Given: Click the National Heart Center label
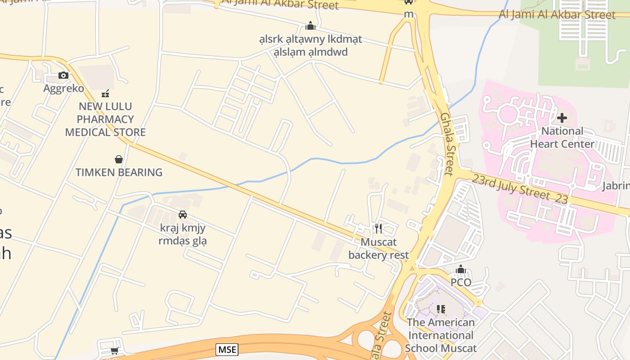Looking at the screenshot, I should point(562,138).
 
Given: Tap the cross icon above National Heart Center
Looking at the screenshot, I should point(562,118).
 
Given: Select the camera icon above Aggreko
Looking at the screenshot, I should point(63,75).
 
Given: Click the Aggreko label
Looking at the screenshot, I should point(63,88).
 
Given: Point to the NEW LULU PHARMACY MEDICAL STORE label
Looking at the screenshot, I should point(105,119).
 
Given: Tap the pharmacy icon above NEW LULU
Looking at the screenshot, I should point(105,94).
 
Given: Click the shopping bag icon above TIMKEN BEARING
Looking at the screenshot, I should point(119,159).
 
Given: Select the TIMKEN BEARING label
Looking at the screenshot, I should point(119,172).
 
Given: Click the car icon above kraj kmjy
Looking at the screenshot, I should point(183,215).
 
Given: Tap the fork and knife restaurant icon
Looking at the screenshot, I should point(378,229).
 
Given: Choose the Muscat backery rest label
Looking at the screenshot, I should point(378,249).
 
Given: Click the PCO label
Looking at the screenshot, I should point(461,283).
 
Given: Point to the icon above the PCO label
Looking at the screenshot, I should point(461,270).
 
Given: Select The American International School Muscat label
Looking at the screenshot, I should point(441,335).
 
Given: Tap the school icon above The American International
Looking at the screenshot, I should point(441,309).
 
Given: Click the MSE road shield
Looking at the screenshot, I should point(227,349).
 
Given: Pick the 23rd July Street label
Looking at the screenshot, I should point(520,189).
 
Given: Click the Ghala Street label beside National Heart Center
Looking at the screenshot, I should point(448,144).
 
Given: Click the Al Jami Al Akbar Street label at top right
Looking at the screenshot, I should point(557,14).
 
